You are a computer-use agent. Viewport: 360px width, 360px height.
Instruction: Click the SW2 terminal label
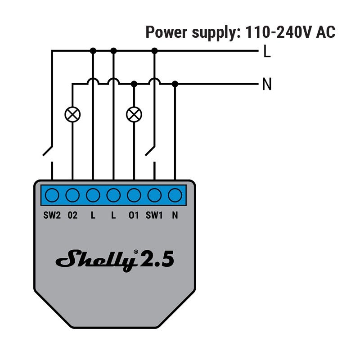52,216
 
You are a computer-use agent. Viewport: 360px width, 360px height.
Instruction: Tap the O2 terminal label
72,216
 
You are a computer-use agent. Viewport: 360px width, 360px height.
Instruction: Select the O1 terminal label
134,216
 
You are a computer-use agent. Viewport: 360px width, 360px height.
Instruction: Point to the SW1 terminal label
154,216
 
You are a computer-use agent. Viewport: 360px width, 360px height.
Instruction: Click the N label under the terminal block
175,216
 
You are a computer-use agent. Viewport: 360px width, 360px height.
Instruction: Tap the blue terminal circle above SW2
52,195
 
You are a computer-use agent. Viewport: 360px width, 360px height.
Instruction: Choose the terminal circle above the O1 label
134,195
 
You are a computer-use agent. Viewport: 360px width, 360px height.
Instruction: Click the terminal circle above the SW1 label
154,195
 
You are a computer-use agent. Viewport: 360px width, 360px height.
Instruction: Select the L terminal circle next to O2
93,195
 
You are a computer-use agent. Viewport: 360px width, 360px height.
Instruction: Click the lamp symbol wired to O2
72,114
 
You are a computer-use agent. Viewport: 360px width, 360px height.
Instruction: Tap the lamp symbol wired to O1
134,114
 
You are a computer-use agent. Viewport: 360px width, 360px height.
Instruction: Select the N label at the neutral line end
267,85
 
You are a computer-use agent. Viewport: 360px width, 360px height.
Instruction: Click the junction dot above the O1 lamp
134,84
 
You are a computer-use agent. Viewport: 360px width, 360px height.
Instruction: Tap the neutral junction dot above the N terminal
175,84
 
